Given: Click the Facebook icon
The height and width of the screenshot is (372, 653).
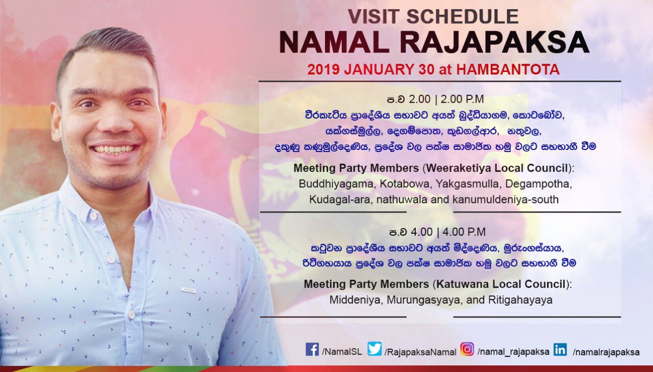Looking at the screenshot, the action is [312, 349].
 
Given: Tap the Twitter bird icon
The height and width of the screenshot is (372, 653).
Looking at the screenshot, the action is [374, 349].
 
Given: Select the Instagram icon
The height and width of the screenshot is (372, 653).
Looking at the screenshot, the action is [467, 349].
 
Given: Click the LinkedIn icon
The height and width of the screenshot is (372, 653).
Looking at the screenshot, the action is [560, 349].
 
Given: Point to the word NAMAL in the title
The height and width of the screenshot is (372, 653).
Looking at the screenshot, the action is [334, 42].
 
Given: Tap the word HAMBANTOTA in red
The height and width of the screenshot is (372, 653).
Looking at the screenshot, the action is [508, 69].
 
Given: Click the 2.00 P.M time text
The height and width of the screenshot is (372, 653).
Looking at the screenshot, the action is [462, 99].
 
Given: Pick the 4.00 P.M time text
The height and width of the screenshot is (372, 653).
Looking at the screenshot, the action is [464, 232].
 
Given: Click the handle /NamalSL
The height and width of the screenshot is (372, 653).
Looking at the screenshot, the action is [342, 352].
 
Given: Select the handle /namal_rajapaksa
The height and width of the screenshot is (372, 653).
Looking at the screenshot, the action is [513, 352].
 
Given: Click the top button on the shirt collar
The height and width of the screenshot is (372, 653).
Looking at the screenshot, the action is [94, 216].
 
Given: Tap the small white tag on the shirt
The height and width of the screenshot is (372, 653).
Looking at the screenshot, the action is [188, 290].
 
